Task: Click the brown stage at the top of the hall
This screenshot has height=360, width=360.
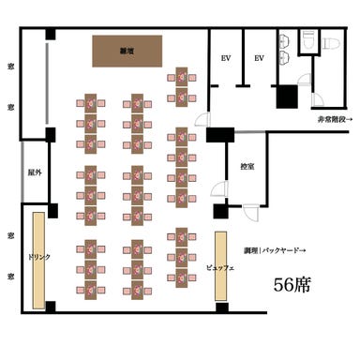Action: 126,51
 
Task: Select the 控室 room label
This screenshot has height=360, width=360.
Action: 248,165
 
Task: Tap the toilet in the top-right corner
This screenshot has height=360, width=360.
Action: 329,43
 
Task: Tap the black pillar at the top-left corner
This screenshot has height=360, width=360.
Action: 50,35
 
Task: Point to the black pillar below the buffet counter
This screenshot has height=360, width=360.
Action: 221,307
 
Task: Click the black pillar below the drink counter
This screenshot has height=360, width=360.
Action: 50,307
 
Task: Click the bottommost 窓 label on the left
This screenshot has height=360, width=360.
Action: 8,277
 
